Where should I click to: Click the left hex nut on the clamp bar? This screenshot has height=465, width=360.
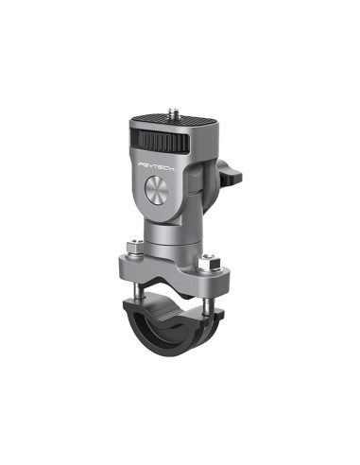coord(138,250)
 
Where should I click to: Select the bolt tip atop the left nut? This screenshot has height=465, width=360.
coord(138,243)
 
